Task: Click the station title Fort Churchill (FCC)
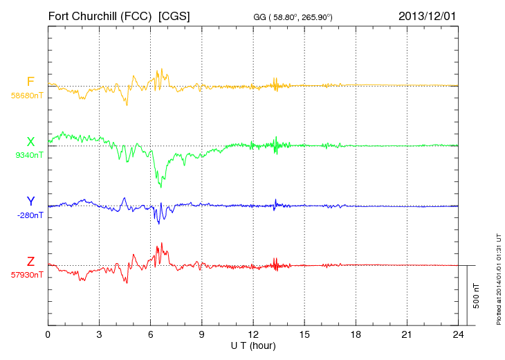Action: [100, 15]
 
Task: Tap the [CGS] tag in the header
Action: [174, 15]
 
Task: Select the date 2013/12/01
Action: [428, 15]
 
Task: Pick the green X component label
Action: [30, 142]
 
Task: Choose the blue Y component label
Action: [30, 201]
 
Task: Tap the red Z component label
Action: [30, 261]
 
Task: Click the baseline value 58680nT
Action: [26, 96]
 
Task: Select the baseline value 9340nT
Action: [28, 155]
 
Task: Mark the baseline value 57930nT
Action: [26, 275]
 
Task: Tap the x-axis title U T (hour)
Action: [253, 345]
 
